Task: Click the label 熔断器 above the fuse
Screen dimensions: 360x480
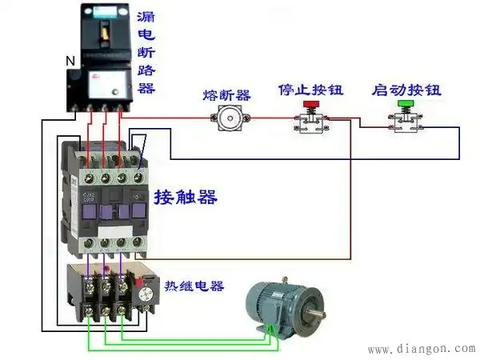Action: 226,95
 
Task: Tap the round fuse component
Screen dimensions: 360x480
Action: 226,119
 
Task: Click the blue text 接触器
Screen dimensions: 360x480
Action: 186,197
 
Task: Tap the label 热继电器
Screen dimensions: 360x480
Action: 194,286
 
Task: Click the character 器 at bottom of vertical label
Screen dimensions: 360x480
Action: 147,86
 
